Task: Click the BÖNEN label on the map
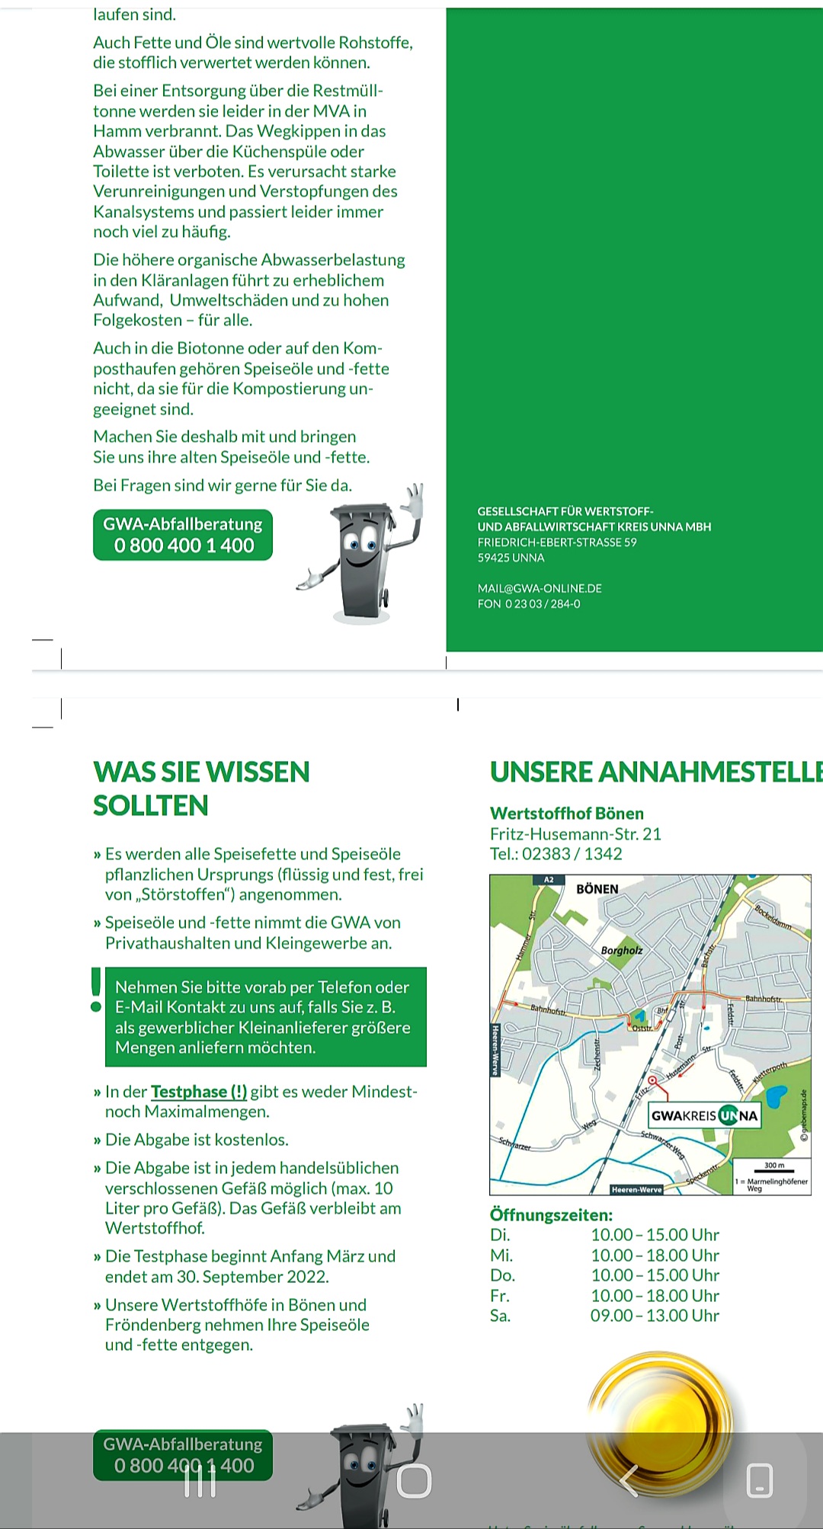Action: (597, 889)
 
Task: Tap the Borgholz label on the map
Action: (621, 951)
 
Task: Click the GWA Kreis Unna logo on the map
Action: (704, 1115)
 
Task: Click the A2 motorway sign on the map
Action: (549, 880)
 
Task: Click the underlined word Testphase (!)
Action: (199, 1092)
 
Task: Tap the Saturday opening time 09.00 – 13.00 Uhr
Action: (655, 1316)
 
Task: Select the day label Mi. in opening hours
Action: (501, 1256)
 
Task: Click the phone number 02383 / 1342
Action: (573, 854)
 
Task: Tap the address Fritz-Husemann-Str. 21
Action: (575, 834)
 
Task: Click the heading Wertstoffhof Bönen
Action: (567, 814)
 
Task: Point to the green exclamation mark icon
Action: (96, 989)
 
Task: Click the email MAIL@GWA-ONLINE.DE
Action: (540, 588)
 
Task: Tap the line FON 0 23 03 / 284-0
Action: (529, 604)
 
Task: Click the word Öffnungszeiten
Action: (551, 1215)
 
